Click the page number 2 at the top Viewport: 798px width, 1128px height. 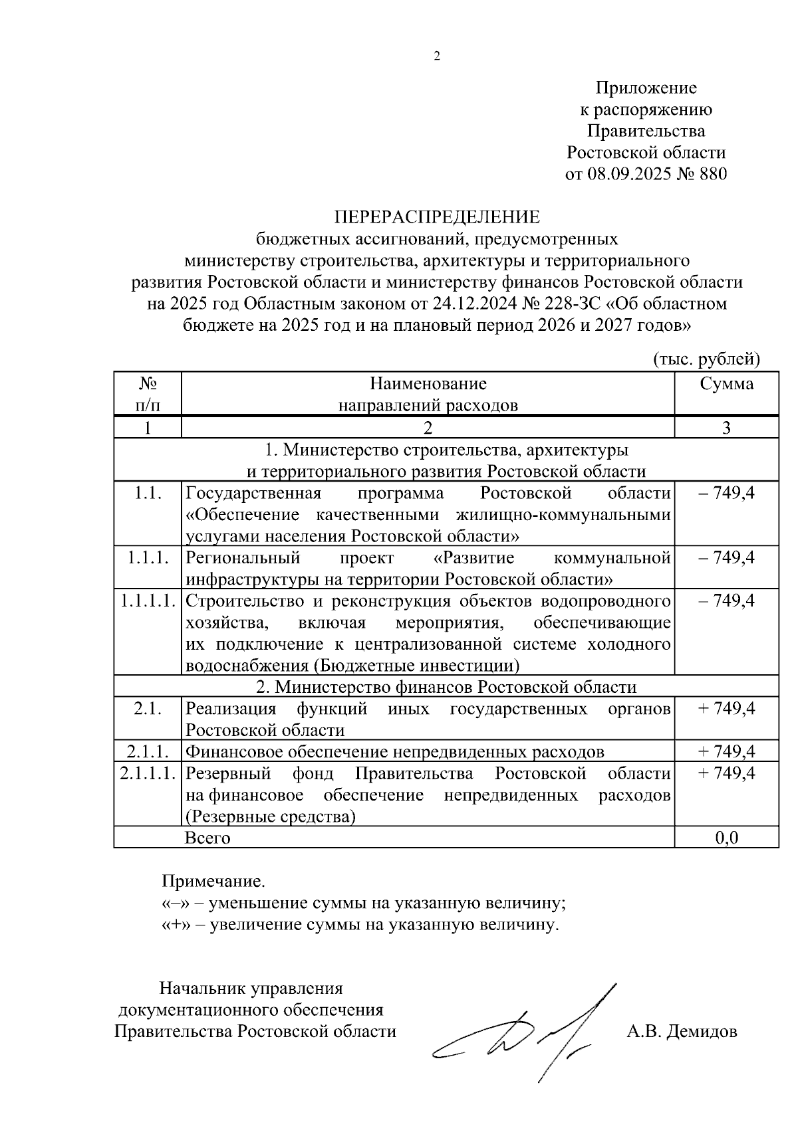437,56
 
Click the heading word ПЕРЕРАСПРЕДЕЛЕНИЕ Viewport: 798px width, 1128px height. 437,217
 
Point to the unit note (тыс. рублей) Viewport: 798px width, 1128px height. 706,359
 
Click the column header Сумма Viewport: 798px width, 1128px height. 726,383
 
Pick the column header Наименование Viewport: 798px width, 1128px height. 428,383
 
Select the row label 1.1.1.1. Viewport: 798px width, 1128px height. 148,601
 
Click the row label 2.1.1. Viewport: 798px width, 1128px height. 147,751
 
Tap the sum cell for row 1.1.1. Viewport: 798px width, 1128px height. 726,557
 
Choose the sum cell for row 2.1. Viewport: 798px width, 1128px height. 726,708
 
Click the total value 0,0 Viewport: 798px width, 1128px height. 726,837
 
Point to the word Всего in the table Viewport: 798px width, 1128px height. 207,837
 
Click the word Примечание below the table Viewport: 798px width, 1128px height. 213,882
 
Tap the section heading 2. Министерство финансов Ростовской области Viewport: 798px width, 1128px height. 446,686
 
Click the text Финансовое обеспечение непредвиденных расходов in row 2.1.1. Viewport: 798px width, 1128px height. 395,751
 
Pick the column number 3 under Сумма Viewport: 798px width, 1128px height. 726,427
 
